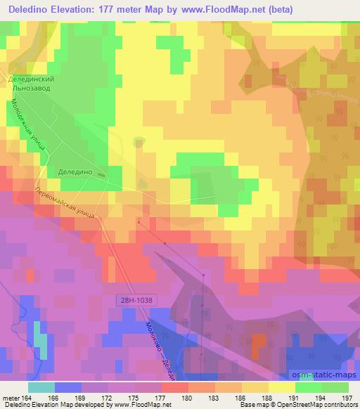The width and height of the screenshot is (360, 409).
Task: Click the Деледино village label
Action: pos(75,170)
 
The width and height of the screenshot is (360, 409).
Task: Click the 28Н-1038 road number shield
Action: pos(134,299)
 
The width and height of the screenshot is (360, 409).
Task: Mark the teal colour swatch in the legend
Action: pos(41,387)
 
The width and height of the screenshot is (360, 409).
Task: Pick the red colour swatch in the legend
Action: pos(174,387)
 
